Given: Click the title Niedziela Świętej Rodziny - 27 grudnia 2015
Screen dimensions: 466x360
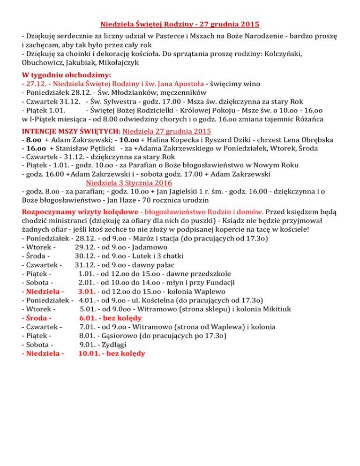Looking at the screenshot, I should (180, 23).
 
